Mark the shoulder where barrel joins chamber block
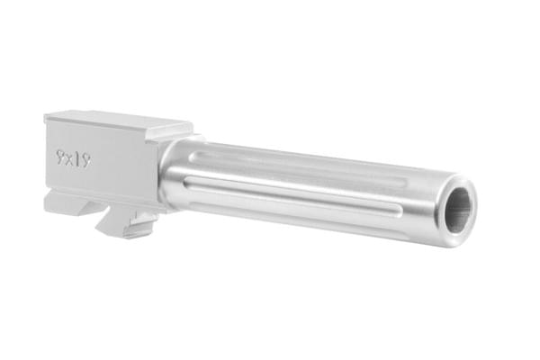click(164, 175)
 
